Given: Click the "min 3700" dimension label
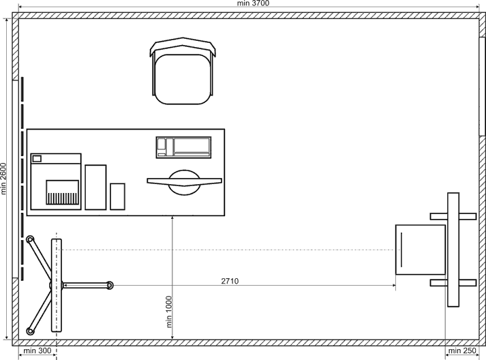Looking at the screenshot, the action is [x=253, y=3].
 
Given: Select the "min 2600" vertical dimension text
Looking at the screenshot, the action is [x=3, y=179].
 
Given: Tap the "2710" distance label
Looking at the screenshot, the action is [x=230, y=281].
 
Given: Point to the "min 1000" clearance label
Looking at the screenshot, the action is [x=169, y=312].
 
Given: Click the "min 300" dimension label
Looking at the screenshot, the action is [x=37, y=350].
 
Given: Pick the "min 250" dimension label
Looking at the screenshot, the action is [x=462, y=350].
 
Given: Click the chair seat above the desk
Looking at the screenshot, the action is [x=184, y=79].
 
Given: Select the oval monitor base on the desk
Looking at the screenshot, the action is [x=185, y=183].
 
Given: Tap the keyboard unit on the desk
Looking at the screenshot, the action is [x=184, y=147].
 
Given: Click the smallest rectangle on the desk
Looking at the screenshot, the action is [x=117, y=196].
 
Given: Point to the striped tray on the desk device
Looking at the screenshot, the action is [x=62, y=192].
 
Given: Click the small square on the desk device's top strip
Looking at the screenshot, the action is [x=37, y=159].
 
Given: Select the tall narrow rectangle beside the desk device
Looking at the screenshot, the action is [x=96, y=187].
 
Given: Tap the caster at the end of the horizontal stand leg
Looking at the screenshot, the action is [x=110, y=285].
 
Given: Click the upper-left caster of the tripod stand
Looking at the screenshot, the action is [x=30, y=239].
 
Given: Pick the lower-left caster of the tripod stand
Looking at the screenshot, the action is [x=30, y=331].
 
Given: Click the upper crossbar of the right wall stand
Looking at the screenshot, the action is [x=453, y=216].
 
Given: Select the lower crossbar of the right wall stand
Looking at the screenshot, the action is [x=453, y=283].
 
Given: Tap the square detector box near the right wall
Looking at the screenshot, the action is [x=421, y=250].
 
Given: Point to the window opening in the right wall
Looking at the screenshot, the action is [x=483, y=87].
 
